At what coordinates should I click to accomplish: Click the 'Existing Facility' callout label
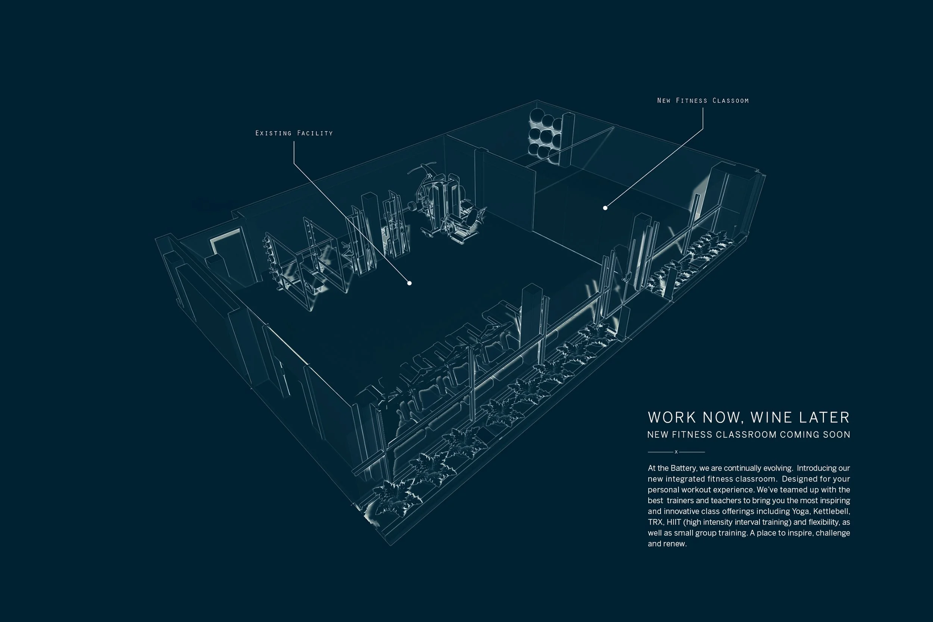tap(294, 133)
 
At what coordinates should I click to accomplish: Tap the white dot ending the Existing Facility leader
tap(409, 283)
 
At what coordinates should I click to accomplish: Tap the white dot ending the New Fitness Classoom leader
tap(605, 208)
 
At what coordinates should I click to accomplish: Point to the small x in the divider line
tap(676, 452)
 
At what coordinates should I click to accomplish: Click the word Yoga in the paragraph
tap(801, 511)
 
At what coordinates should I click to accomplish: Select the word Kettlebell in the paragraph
tap(831, 511)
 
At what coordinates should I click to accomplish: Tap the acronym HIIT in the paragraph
tap(674, 522)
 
